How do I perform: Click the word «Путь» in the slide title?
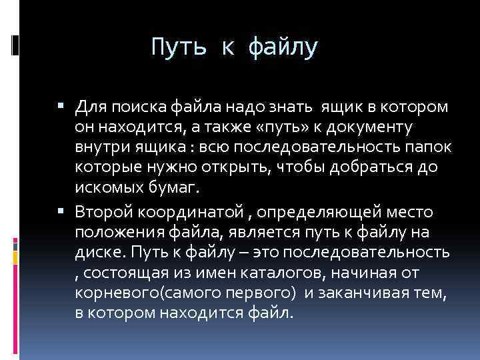pos(175,47)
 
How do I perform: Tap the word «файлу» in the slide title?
pos(284,47)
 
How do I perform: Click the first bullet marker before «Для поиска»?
pos(61,105)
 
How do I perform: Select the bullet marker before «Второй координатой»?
pos(61,212)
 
